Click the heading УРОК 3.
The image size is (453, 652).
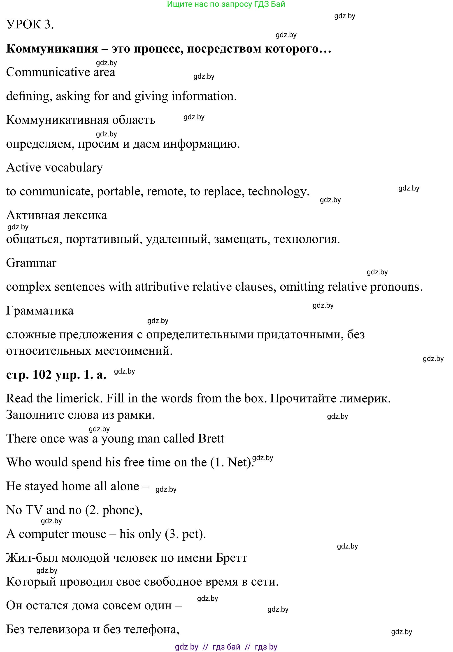30,25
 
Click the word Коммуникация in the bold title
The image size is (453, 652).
52,49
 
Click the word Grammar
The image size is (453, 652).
31,263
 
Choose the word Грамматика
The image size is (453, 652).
40,311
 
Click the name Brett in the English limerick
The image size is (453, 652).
211,438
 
